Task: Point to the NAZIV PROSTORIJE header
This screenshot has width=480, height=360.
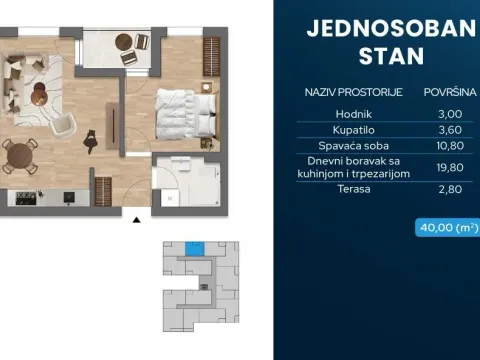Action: [353, 92]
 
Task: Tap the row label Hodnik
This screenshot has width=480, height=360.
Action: [386, 114]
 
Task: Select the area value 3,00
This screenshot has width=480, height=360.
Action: [440, 114]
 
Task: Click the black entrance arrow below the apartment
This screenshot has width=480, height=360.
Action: [135, 218]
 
